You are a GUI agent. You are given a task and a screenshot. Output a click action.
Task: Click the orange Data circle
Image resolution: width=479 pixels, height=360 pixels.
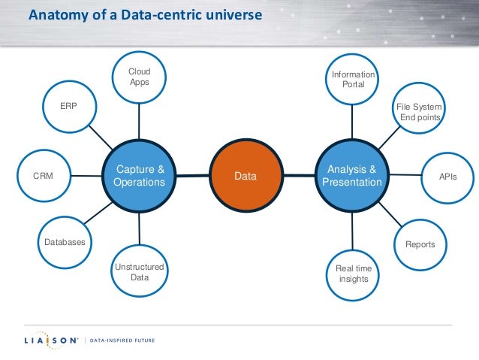coord(246,176)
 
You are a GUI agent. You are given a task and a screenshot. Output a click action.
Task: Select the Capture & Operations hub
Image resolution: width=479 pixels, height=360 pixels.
coord(138,176)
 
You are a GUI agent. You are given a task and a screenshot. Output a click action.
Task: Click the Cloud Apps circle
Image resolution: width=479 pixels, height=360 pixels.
coord(139,77)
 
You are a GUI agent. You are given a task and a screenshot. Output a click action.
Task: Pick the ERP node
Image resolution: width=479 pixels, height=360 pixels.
coord(68,106)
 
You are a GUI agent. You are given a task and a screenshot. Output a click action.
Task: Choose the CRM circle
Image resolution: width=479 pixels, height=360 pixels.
coord(42,176)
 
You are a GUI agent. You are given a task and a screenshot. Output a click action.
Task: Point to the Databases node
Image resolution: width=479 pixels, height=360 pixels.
coord(64,242)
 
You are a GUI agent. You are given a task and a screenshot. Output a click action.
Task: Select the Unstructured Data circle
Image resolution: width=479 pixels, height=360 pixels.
coord(139,271)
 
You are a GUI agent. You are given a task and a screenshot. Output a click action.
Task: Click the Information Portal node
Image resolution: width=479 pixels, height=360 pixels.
coord(353,79)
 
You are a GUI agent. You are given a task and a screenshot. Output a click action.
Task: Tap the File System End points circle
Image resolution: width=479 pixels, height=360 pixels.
coord(419,111)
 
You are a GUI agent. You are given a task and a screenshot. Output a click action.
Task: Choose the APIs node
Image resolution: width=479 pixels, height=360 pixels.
coord(447,176)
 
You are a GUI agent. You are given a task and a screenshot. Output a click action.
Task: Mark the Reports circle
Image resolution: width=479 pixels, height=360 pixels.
coord(420,244)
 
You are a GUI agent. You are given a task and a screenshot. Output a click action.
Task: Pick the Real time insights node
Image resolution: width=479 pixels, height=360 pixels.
coord(353,274)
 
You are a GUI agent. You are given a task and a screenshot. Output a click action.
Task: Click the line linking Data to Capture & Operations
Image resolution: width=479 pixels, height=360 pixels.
coord(191,176)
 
